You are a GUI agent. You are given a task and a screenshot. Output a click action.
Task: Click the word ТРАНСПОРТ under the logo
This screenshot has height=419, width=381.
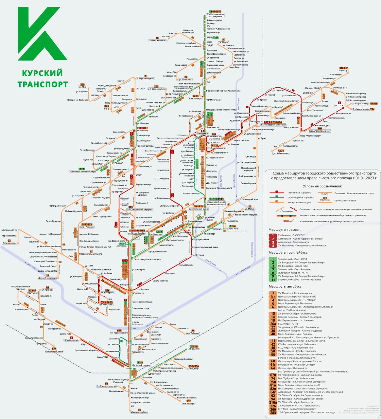click(42, 84)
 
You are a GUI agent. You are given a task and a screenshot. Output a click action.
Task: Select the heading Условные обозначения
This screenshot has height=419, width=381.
click(322, 186)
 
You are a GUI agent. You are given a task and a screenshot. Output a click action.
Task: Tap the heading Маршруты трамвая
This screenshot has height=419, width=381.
click(285, 230)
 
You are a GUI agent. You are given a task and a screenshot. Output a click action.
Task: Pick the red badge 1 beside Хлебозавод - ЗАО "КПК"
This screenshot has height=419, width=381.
click(273, 235)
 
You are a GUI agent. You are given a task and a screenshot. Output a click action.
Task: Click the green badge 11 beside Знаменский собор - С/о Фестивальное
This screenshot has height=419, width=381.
click(273, 280)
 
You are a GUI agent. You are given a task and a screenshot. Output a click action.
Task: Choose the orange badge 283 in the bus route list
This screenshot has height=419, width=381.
click(273, 412)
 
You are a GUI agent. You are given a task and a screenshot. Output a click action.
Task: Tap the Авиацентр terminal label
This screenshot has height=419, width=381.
click(194, 349)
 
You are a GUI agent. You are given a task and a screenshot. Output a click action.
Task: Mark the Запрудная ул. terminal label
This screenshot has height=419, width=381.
click(9, 243)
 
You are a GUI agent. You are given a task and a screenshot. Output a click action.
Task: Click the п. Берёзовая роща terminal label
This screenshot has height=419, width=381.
click(145, 79)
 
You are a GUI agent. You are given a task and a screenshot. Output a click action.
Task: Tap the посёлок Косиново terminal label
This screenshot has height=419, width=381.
click(157, 41)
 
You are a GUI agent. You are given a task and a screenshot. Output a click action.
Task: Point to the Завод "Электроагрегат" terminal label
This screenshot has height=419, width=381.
click(320, 131)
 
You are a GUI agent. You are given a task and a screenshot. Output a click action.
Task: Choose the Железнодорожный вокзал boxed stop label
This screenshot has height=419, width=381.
click(273, 125)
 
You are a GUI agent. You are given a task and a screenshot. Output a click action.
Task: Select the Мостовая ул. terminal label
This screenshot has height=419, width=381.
click(188, 403)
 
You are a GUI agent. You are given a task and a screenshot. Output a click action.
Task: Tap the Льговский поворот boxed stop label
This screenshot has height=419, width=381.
click(139, 365)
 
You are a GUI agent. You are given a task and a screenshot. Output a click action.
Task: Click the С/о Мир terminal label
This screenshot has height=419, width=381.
click(82, 87)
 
